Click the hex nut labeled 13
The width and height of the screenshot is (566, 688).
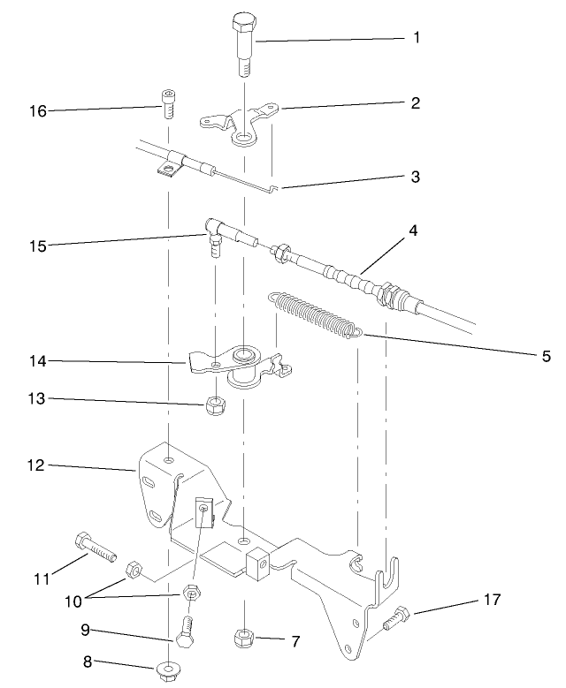212,406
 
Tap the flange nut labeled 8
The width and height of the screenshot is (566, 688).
168,670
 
